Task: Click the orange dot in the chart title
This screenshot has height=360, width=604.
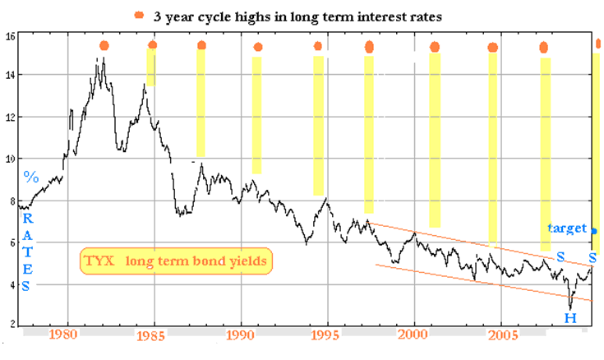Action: tap(139, 15)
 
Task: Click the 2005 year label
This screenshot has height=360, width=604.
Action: tap(501, 335)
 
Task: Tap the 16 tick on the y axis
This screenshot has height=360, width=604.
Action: tap(9, 36)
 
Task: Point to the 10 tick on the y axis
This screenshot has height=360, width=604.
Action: tap(9, 159)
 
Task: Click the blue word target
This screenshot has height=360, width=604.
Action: tap(568, 228)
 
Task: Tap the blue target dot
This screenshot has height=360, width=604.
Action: tap(594, 231)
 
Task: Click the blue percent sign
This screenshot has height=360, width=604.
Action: tap(31, 177)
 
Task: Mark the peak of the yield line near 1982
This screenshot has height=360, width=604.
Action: tap(101, 58)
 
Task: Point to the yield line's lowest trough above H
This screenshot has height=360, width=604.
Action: tap(569, 308)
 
